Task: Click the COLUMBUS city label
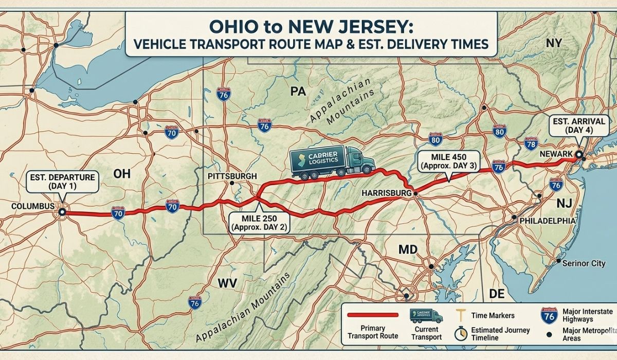tap(32, 206)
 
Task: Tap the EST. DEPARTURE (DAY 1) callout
tap(62, 181)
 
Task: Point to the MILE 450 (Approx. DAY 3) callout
tap(449, 160)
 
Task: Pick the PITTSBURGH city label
tap(232, 176)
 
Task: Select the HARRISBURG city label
tap(387, 193)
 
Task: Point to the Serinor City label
tap(584, 263)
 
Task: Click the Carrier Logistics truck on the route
tap(332, 162)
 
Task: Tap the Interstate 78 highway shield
tap(530, 142)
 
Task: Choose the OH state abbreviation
tap(119, 175)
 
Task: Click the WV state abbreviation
tap(227, 283)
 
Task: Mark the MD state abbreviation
tap(409, 250)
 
